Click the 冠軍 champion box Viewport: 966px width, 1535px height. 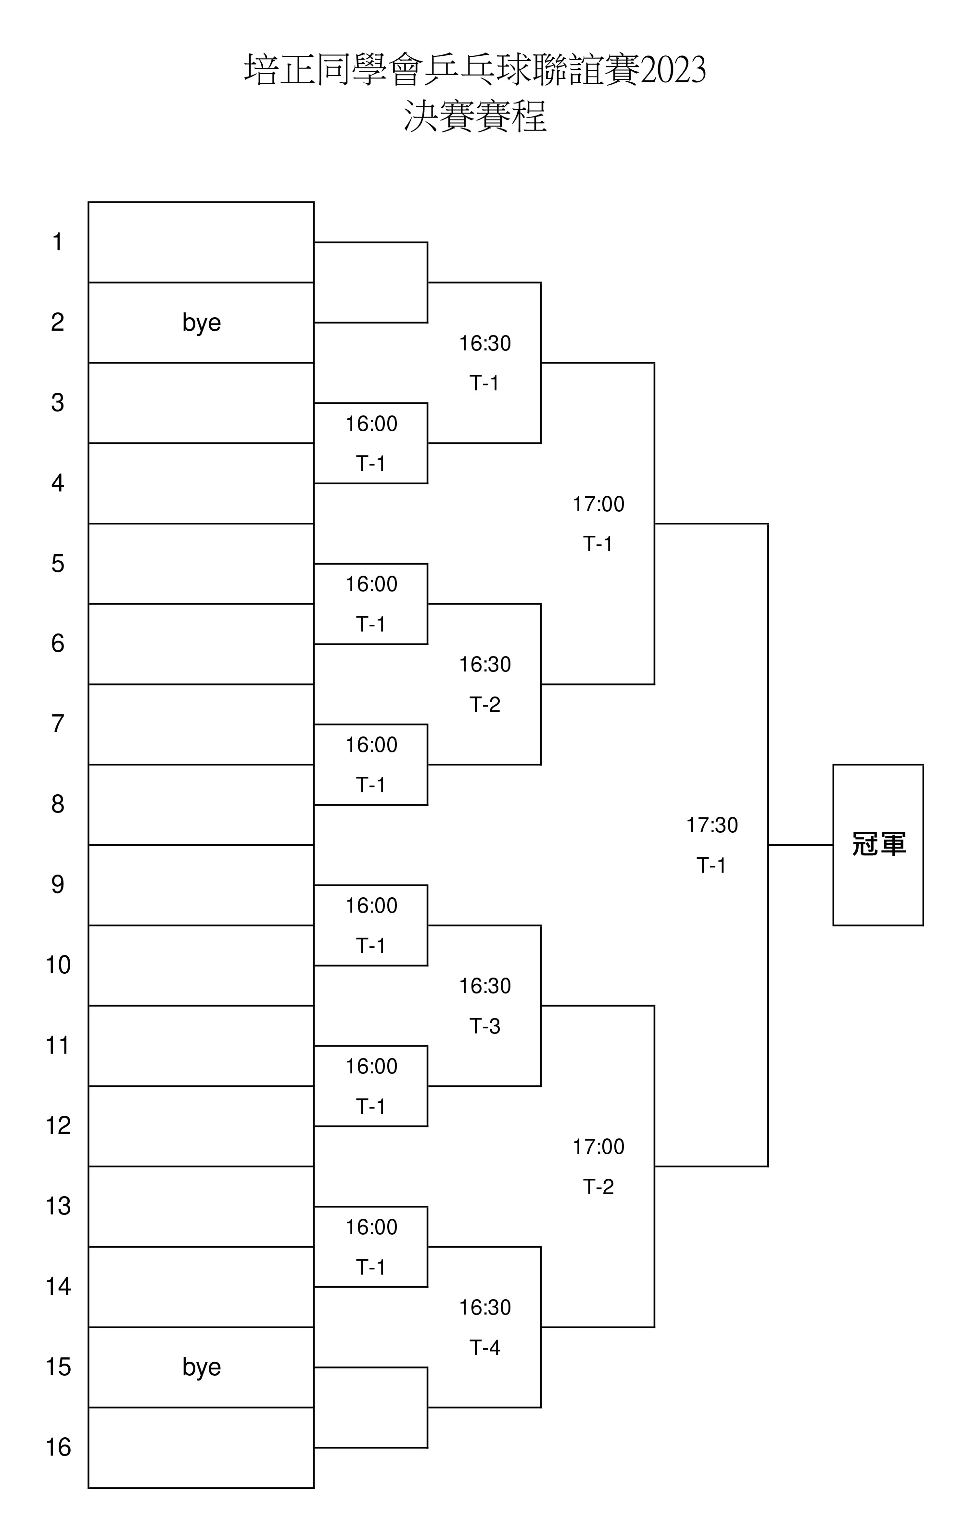click(x=877, y=845)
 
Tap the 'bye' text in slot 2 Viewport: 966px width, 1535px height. click(x=202, y=322)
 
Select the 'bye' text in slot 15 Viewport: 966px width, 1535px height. click(x=202, y=1367)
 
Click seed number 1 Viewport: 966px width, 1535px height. click(x=57, y=242)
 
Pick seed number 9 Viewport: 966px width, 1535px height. click(x=57, y=885)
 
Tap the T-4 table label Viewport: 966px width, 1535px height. click(x=485, y=1347)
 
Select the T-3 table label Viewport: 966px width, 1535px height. click(x=485, y=1026)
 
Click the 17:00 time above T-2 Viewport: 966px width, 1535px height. click(x=598, y=1146)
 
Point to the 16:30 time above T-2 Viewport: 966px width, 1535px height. click(x=485, y=664)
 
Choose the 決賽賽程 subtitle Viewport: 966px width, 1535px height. click(x=475, y=116)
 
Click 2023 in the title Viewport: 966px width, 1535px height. click(x=673, y=70)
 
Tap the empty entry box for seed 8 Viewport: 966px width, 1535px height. click(x=201, y=804)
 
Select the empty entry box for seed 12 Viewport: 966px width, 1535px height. click(x=201, y=1126)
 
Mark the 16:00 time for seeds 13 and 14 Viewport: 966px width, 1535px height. click(x=371, y=1226)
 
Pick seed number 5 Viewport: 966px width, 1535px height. click(x=57, y=564)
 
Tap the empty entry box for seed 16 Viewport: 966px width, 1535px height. click(x=201, y=1447)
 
